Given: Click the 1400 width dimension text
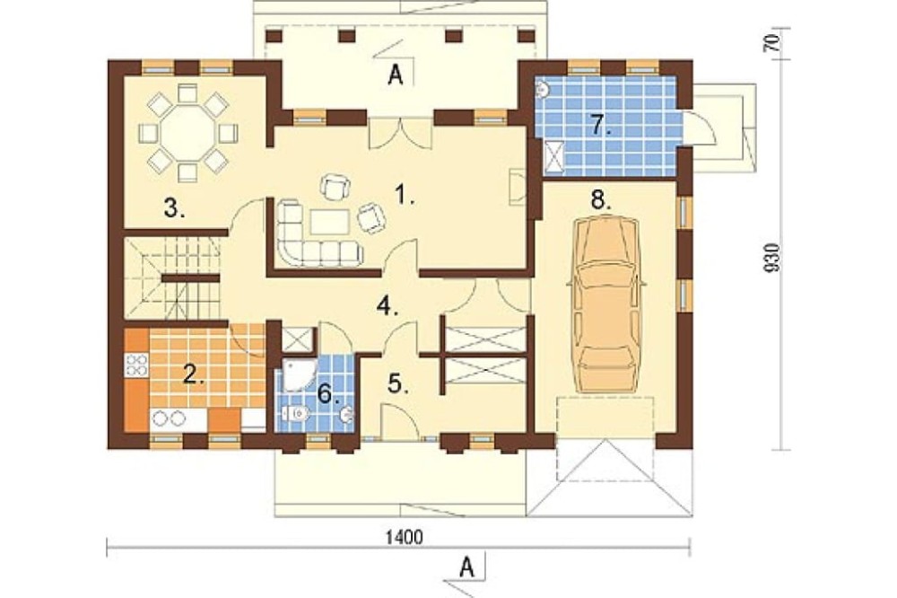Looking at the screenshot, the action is click(x=405, y=537).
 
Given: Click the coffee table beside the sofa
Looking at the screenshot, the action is click(x=329, y=223).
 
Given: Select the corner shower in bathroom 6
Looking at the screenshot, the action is click(x=300, y=374).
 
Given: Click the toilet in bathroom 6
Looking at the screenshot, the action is click(x=295, y=412).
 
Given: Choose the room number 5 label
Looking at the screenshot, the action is click(x=399, y=383).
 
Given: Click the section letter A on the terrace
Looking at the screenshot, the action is click(x=394, y=75).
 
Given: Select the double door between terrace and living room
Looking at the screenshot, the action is click(x=400, y=134).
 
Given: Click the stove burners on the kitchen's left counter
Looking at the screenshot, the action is click(x=137, y=365).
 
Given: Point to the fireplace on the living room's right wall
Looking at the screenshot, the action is click(x=518, y=186).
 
